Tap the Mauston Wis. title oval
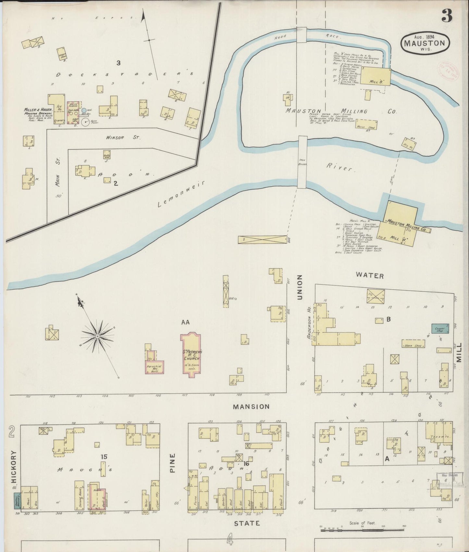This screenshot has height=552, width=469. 425,43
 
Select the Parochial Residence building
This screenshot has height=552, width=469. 154,366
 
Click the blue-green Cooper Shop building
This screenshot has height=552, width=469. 440,329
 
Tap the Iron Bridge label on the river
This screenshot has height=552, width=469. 302,162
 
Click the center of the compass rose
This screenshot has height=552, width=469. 97,336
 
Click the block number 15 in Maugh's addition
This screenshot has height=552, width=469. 104,457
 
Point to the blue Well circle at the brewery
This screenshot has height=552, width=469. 84,111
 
